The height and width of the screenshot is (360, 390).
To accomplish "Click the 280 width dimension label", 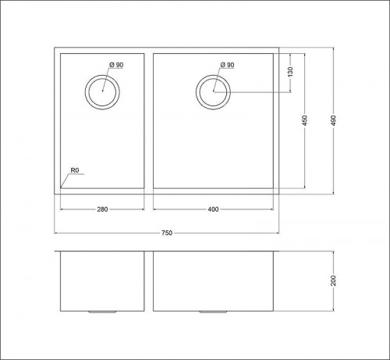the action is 102,209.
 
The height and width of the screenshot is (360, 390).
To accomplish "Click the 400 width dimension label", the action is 213,209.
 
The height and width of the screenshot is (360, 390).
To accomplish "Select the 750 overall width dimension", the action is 167,233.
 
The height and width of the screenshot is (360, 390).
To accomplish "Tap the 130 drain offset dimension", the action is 290,72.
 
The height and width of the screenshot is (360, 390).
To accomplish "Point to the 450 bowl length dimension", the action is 305,120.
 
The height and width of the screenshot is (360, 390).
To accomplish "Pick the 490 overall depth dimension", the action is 334,120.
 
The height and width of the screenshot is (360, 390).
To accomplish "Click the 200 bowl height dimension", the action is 334,280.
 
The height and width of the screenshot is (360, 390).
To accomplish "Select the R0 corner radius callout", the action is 75,170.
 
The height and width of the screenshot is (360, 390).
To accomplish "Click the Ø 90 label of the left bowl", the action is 116,65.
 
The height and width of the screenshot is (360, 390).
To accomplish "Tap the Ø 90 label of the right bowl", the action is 227,65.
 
